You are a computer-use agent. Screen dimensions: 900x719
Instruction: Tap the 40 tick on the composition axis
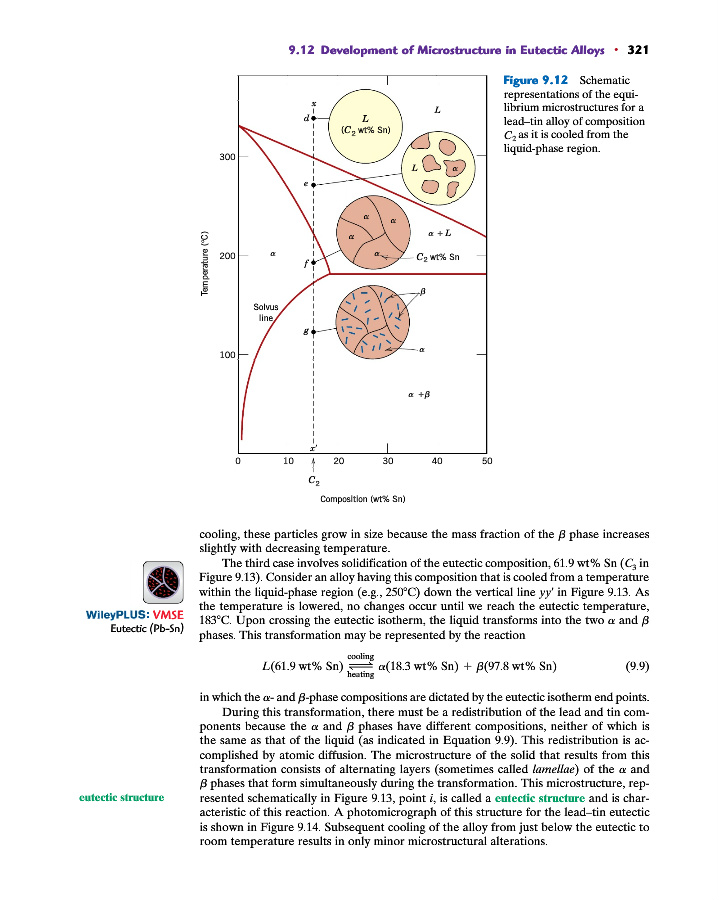coord(437,461)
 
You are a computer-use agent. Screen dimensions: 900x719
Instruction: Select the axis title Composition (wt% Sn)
coord(362,498)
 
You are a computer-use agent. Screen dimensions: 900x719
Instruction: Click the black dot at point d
coord(314,118)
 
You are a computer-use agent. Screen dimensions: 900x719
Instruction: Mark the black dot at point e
coord(314,185)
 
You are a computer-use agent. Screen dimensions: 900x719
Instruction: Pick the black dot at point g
coord(314,330)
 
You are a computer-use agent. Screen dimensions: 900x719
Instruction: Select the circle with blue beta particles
coord(373,321)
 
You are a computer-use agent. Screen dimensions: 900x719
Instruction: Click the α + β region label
coord(420,394)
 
